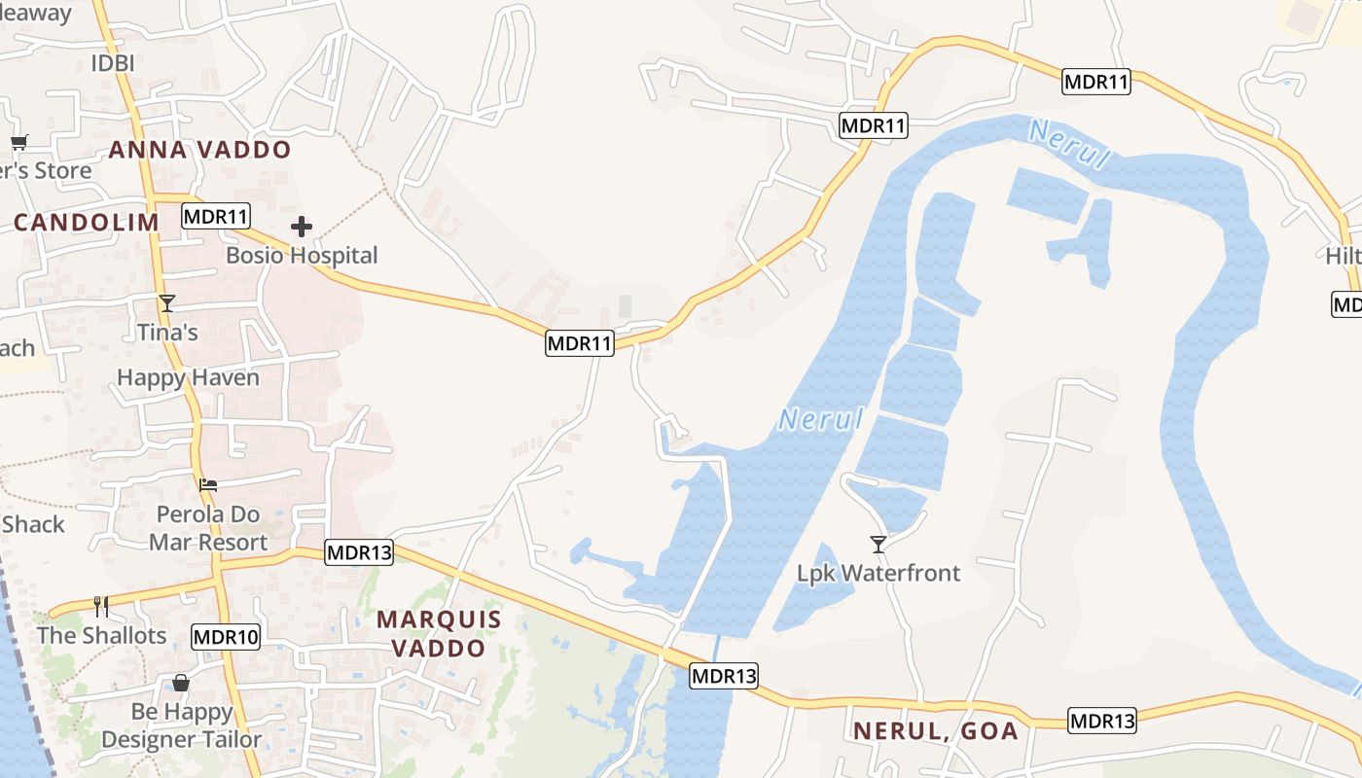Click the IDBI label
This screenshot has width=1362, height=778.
(112, 63)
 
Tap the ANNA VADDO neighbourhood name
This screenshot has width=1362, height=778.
(199, 150)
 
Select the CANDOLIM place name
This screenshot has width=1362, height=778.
(87, 222)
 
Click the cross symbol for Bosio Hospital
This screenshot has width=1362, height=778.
(302, 228)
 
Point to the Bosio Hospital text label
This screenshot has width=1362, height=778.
(302, 256)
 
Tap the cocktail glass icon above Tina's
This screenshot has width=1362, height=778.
(167, 303)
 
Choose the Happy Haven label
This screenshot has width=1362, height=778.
(188, 377)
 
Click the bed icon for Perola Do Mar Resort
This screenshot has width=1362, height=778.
(208, 484)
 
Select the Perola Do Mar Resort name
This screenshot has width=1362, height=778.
(207, 528)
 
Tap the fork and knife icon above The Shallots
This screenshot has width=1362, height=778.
(100, 607)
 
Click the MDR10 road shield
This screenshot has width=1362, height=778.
(226, 638)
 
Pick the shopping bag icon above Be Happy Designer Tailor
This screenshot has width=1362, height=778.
(181, 683)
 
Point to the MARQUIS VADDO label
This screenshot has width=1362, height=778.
(439, 633)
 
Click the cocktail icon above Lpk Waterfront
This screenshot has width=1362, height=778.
(878, 544)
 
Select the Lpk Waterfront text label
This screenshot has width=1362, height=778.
(878, 573)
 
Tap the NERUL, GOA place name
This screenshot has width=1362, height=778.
(936, 730)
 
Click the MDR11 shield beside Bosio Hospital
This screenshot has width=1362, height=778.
(216, 216)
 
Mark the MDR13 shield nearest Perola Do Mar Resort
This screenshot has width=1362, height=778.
(359, 553)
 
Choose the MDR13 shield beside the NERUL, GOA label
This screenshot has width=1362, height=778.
(1102, 721)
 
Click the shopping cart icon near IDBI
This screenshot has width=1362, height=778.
(18, 142)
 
